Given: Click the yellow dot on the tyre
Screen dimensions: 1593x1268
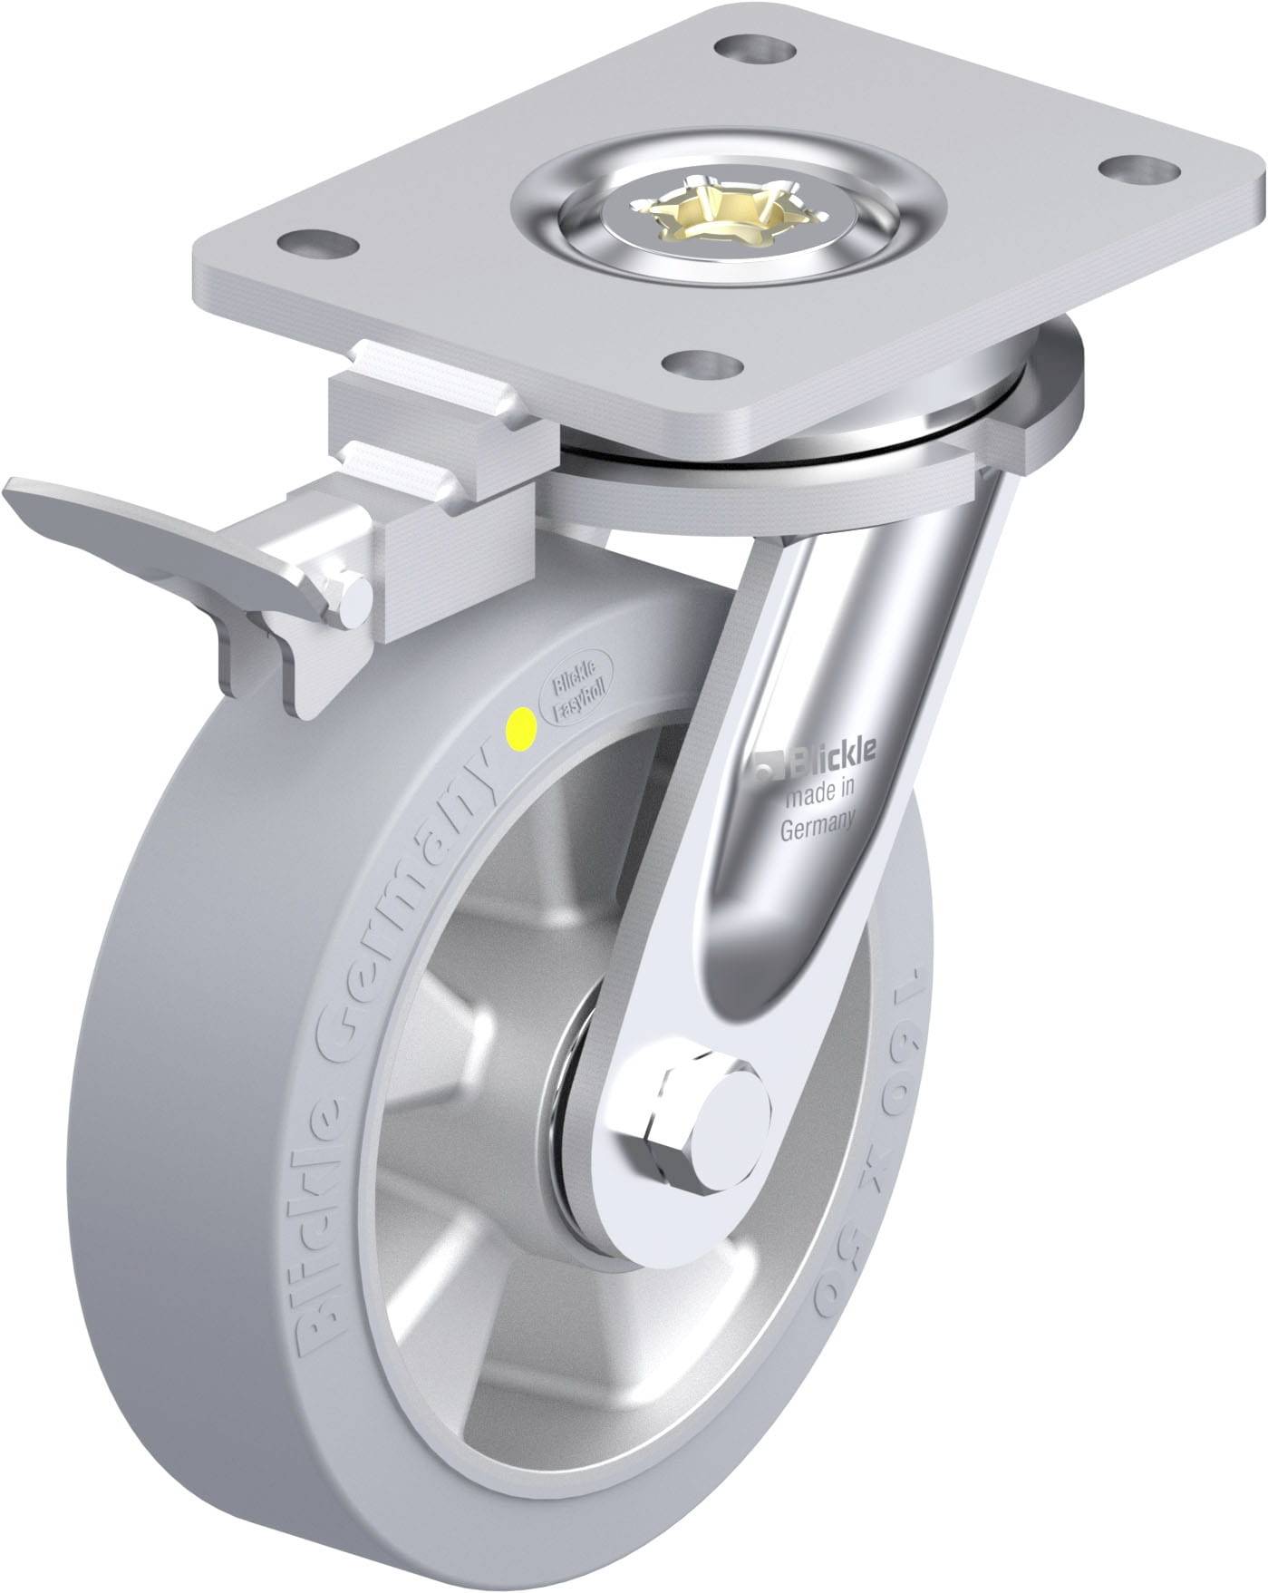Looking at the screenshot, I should tap(523, 724).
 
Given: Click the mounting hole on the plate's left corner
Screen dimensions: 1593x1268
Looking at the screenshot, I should tap(316, 242).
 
